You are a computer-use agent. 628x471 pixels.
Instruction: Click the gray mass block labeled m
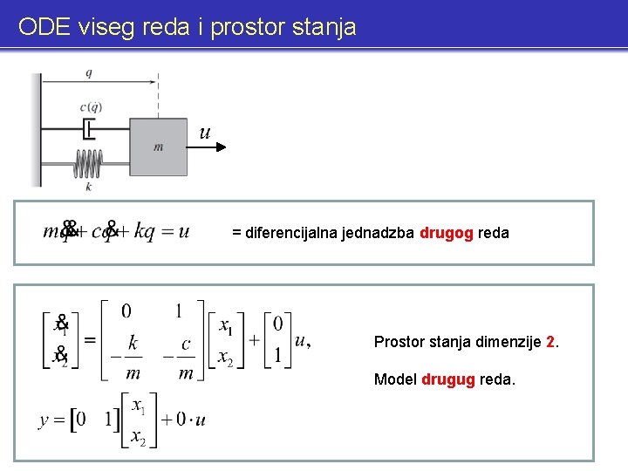click(x=159, y=147)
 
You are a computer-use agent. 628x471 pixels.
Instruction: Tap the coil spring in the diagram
click(x=88, y=163)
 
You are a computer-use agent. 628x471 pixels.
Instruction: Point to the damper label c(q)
click(x=91, y=107)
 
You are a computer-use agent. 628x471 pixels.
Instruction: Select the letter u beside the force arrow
click(x=205, y=133)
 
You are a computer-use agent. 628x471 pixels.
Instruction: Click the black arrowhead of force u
click(x=222, y=147)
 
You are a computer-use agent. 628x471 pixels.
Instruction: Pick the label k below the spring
click(x=88, y=186)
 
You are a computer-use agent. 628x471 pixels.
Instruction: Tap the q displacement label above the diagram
click(x=89, y=72)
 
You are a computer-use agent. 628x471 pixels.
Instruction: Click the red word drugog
click(x=446, y=233)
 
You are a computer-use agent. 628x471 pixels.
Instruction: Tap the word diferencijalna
click(x=292, y=233)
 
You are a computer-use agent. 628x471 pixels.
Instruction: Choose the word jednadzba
click(x=379, y=233)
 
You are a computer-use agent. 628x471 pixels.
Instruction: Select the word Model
click(x=395, y=379)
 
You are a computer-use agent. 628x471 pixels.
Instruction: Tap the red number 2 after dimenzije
click(x=549, y=341)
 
